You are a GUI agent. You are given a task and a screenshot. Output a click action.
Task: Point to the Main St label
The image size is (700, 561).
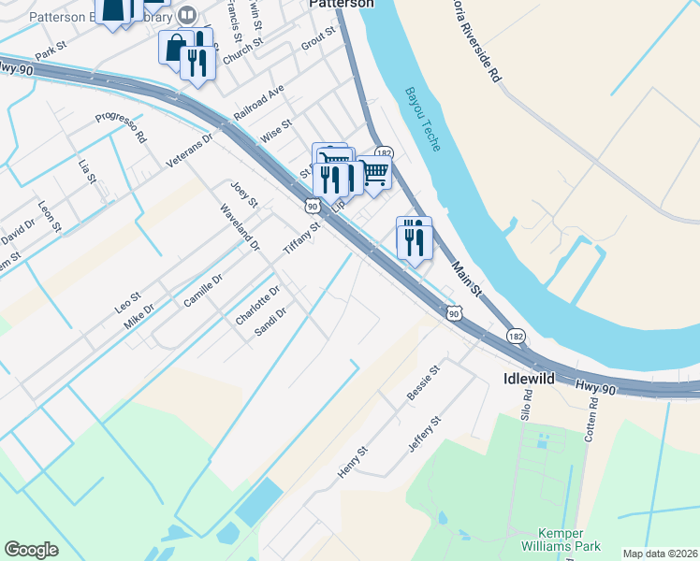coord(468,280)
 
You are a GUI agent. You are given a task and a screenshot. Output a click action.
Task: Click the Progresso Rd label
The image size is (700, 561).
coord(121,125)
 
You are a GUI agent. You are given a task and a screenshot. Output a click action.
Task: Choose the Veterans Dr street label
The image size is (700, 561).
coord(190,149)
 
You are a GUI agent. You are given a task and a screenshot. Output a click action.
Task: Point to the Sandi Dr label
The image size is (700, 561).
coord(270,324)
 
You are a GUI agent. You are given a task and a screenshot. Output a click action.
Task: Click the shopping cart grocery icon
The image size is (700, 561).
coord(375,173)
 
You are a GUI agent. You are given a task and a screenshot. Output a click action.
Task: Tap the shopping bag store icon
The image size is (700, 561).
coord(174,46)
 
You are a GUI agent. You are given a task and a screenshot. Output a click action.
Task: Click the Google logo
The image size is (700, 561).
coord(31,550)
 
